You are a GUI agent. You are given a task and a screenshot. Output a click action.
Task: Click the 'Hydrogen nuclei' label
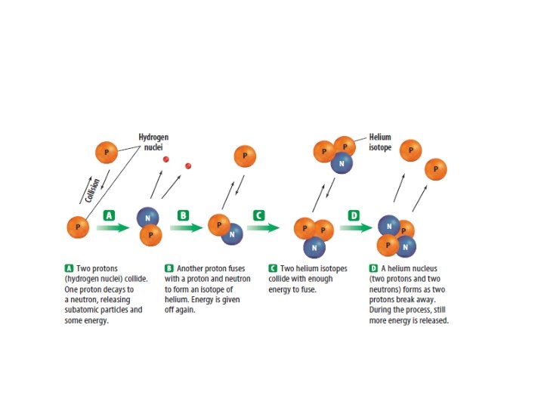click(153, 142)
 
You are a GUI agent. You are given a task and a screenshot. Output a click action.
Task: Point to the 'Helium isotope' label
click(380, 142)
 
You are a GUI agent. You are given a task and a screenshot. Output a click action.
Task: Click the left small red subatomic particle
click(166, 159)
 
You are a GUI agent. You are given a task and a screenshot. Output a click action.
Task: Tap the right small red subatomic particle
click(188, 165)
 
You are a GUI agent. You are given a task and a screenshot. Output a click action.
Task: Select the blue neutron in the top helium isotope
click(343, 162)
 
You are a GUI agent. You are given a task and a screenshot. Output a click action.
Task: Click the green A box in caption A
click(69, 268)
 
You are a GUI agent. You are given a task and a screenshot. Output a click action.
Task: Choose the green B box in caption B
click(168, 268)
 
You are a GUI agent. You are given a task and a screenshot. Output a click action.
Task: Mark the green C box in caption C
click(273, 268)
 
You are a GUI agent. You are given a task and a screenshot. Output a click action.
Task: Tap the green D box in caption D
click(373, 268)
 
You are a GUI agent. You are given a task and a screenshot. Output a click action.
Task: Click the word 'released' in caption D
click(434, 321)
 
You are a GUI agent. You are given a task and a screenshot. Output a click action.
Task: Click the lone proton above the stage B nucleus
click(244, 156)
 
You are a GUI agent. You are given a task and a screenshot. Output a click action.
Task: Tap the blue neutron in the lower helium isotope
click(314, 246)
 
